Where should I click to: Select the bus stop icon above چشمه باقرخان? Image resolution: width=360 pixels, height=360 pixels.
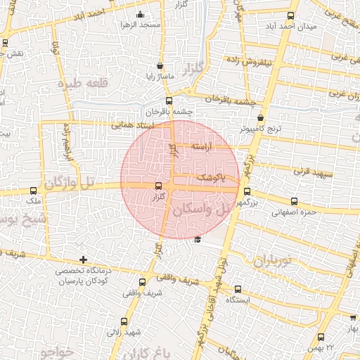[x=168, y=100]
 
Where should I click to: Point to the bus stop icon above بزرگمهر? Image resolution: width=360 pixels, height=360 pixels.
[x=246, y=191]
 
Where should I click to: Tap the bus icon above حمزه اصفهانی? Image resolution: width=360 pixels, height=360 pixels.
[x=305, y=200]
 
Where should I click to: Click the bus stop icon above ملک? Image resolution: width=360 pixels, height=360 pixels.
[x=34, y=190]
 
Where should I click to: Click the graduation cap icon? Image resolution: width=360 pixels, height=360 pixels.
[x=198, y=240]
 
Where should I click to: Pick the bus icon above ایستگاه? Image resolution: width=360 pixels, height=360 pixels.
[x=236, y=288]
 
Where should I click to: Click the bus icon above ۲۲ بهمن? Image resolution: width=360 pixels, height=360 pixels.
[x=321, y=337]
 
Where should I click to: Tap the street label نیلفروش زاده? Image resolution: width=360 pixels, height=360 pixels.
[x=258, y=61]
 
